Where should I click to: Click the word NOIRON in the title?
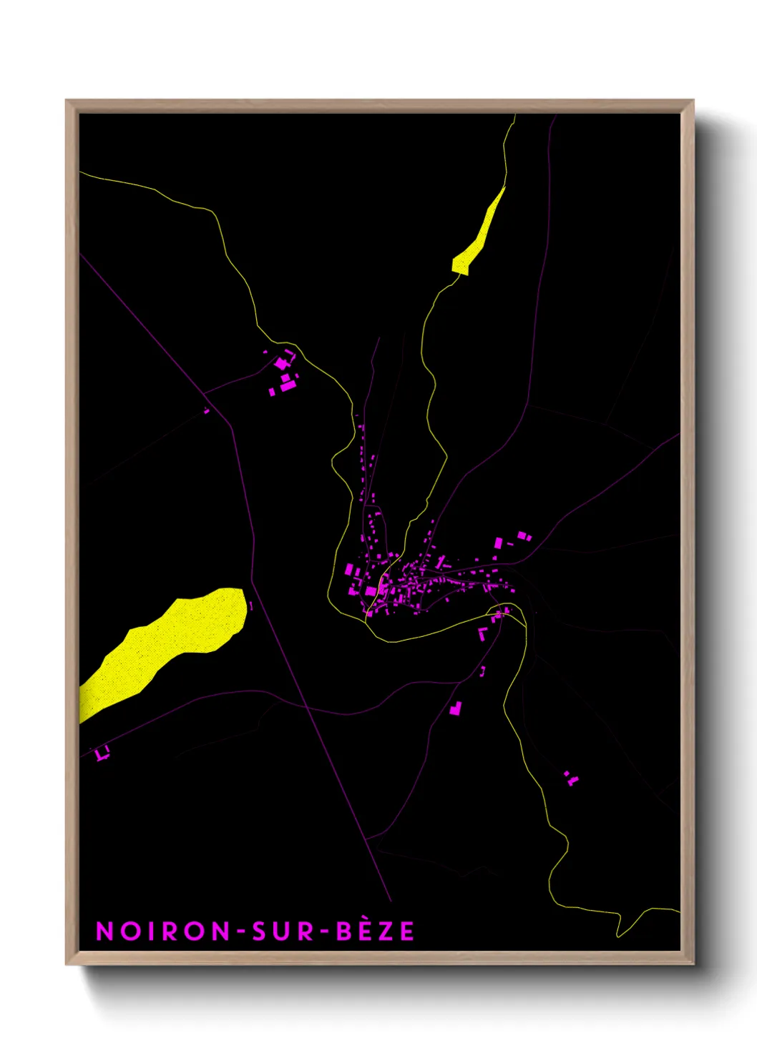click(x=163, y=931)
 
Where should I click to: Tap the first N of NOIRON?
click(x=104, y=931)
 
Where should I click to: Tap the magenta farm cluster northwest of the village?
click(x=284, y=374)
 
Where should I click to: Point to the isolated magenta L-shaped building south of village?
click(x=455, y=708)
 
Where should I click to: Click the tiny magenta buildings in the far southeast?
click(x=570, y=778)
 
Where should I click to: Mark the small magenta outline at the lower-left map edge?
click(x=102, y=753)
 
